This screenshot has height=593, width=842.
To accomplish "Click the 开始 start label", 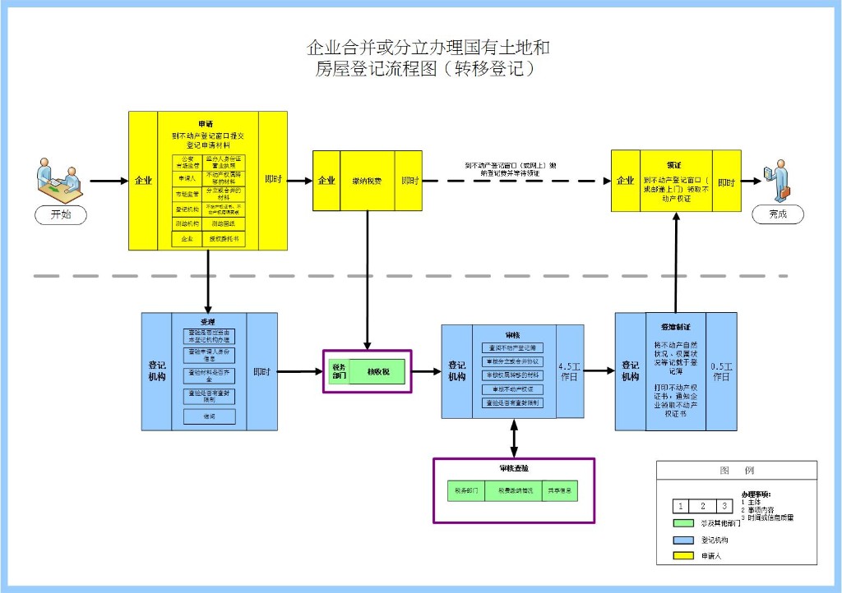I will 61,214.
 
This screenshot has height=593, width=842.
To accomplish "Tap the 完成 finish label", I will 777,214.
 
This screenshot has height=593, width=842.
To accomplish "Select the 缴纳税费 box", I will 367,181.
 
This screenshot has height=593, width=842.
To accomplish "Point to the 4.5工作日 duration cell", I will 570,371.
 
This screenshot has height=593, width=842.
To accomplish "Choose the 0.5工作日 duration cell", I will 721,371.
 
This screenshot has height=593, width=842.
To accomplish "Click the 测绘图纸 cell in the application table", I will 224,223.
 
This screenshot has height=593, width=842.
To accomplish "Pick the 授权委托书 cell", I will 224,239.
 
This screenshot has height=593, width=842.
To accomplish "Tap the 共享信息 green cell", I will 562,490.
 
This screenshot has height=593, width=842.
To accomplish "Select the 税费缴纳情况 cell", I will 515,490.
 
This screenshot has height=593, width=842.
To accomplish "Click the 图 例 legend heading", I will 736,471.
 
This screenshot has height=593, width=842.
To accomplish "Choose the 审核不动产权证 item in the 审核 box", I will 513,389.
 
